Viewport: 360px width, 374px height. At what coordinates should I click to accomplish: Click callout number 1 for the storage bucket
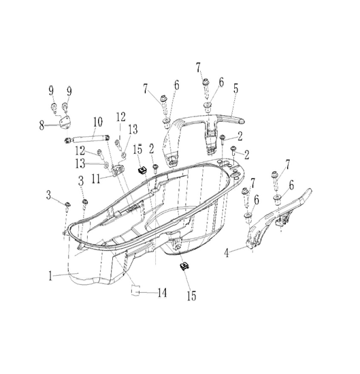(50, 276)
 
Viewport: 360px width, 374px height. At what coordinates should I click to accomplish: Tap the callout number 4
(227, 253)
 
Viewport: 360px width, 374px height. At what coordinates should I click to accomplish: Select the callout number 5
(235, 89)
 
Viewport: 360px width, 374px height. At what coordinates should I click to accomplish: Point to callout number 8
(42, 125)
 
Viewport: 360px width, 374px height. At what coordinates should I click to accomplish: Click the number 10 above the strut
(97, 122)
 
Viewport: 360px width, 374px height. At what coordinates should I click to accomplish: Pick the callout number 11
(96, 179)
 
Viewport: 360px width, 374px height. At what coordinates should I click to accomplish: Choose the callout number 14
(162, 292)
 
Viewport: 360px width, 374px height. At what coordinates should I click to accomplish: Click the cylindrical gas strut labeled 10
(88, 139)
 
